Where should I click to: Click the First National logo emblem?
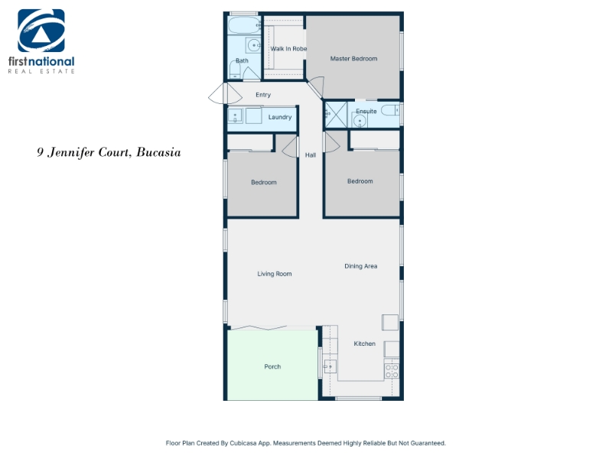41,31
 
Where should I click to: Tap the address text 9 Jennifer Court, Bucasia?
109,152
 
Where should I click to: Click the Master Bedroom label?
353,59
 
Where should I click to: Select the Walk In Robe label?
288,49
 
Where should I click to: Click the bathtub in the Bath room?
244,25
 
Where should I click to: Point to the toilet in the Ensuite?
390,110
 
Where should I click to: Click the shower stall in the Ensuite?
336,114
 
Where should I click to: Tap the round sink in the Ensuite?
360,121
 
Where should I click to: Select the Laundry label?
280,117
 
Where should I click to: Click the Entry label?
263,95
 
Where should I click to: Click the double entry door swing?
225,93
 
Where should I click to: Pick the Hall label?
311,155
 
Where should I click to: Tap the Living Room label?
275,274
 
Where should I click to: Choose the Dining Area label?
360,266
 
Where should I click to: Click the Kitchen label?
365,343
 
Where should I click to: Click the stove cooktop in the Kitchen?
392,371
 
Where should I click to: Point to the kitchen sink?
330,366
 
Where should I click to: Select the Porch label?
272,366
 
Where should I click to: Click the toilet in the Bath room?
235,70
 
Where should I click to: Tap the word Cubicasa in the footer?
243,443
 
